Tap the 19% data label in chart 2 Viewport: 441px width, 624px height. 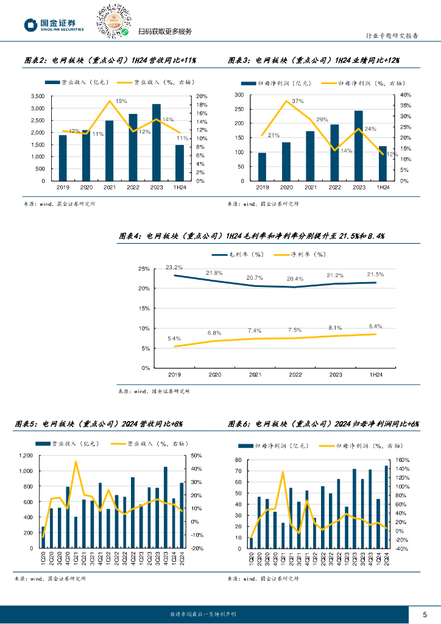121,101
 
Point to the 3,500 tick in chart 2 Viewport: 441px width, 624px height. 37,96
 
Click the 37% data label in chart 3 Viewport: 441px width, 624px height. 297,101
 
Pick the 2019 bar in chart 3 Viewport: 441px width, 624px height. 262,166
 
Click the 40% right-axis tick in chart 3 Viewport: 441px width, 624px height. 406,95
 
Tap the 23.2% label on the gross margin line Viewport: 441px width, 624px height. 174,268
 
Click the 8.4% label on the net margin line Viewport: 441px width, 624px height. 375,326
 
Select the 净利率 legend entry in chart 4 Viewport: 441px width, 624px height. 300,254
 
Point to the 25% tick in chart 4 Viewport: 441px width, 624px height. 144,269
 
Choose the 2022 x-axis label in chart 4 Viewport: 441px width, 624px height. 295,375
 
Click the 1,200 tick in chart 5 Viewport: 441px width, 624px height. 25,456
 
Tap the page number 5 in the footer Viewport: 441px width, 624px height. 425,614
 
